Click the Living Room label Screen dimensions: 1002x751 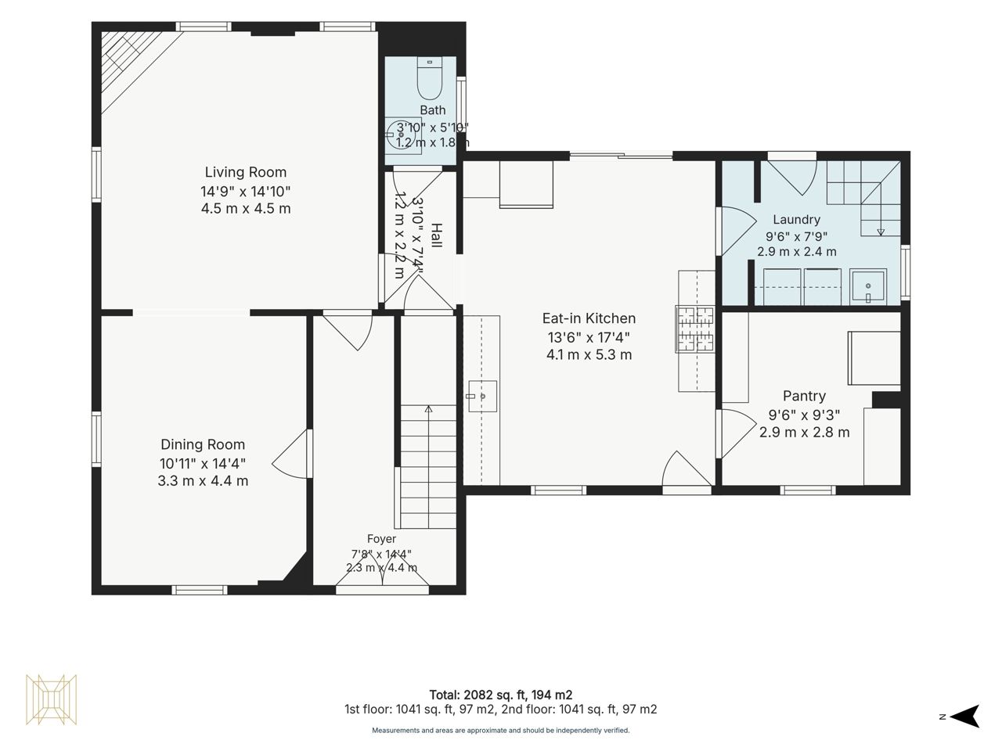pos(246,172)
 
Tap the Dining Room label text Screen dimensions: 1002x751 pos(203,444)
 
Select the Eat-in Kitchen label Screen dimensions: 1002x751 pos(589,318)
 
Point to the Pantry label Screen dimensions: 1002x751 pos(804,396)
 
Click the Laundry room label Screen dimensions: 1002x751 pos(797,219)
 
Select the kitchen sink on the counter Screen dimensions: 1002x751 pos(482,397)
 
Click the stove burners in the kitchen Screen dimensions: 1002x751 pos(695,329)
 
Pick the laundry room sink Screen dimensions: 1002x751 pos(868,287)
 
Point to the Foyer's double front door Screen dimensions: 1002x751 pos(382,576)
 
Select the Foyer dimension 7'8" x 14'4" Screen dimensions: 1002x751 pos(381,554)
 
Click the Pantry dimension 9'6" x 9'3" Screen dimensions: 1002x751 pos(804,415)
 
